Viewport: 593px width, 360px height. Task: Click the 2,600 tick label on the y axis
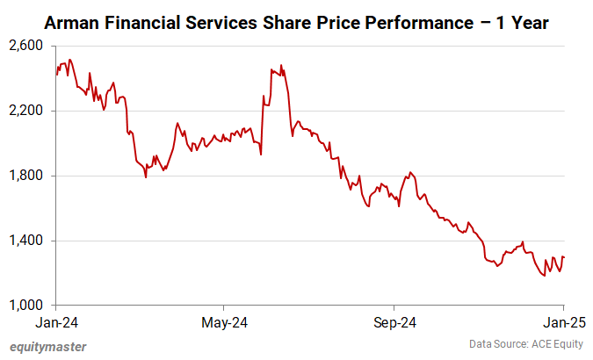[x=28, y=46]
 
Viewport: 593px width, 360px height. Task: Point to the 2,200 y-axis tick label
[x=28, y=111]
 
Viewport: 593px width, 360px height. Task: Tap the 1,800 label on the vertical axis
[x=28, y=176]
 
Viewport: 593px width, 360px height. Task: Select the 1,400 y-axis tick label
[x=28, y=241]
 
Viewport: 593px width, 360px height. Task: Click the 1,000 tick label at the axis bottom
[x=28, y=306]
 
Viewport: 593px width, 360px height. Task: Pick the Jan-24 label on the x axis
[x=56, y=323]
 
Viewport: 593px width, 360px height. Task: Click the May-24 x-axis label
[x=225, y=323]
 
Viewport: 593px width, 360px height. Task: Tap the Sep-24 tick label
[x=394, y=323]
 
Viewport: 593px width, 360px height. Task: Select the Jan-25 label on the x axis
[x=563, y=323]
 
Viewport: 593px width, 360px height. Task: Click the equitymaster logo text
[x=48, y=347]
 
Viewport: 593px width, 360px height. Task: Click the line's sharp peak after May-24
[x=281, y=65]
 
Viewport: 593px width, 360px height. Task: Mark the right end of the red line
[x=564, y=257]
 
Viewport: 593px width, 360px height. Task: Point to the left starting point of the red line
[x=56, y=75]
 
